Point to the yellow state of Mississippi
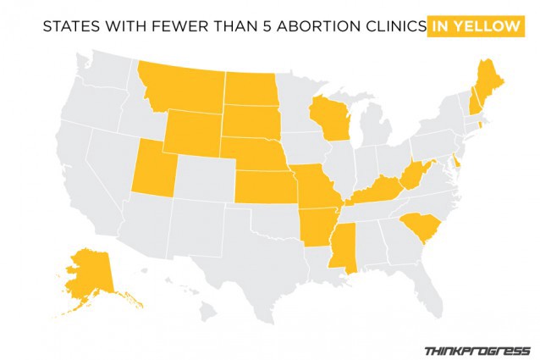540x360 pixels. tap(344, 246)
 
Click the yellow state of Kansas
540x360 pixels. tap(262, 188)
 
